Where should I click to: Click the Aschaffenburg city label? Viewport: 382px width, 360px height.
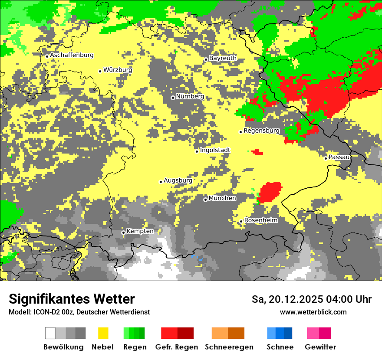[x=72, y=55]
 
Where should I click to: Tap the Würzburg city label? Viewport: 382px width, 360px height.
[x=118, y=70]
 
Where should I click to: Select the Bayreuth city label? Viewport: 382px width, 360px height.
[x=223, y=58]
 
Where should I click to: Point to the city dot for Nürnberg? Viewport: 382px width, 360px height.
[x=173, y=98]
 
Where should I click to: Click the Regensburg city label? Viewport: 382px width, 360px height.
[x=261, y=131]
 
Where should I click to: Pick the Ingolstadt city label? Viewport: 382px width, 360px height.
[x=215, y=150]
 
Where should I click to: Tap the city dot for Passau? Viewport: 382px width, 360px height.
[x=326, y=158]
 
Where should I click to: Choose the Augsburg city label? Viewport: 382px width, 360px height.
[x=178, y=180]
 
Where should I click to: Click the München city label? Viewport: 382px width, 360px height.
[x=222, y=198]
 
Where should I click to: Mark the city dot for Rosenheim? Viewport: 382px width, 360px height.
[x=241, y=222]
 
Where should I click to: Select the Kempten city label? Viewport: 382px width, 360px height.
[x=140, y=231]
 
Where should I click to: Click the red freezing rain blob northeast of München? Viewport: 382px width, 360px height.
[x=270, y=191]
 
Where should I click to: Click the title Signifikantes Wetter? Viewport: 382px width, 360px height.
[x=72, y=299]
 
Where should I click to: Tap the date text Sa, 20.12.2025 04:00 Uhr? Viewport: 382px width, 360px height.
[x=311, y=299]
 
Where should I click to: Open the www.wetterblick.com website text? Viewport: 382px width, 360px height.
[x=313, y=312]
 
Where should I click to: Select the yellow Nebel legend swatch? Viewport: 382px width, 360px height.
[x=103, y=333]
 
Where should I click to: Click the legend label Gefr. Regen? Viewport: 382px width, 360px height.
[x=177, y=347]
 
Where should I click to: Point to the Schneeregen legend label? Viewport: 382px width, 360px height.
[x=229, y=347]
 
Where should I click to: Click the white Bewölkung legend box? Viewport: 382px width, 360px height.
[x=50, y=333]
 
